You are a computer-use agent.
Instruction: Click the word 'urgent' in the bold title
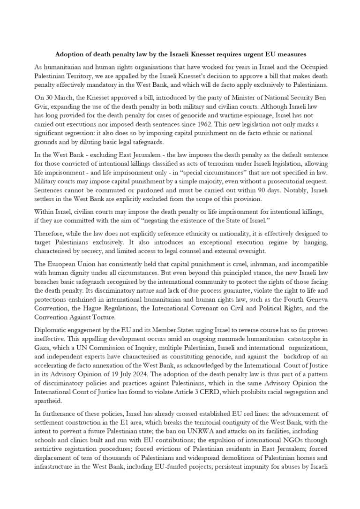click(x=255, y=55)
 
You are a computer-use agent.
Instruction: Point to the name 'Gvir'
click(x=42, y=106)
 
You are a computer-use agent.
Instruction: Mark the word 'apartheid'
click(x=48, y=401)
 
